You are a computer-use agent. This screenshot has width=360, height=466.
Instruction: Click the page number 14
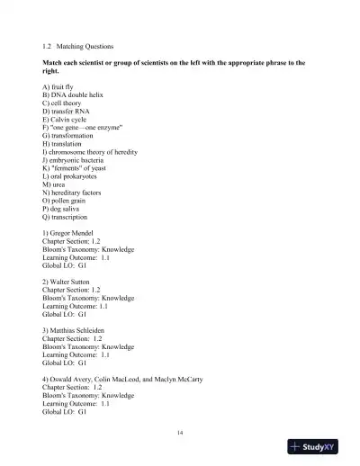(x=180, y=435)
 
